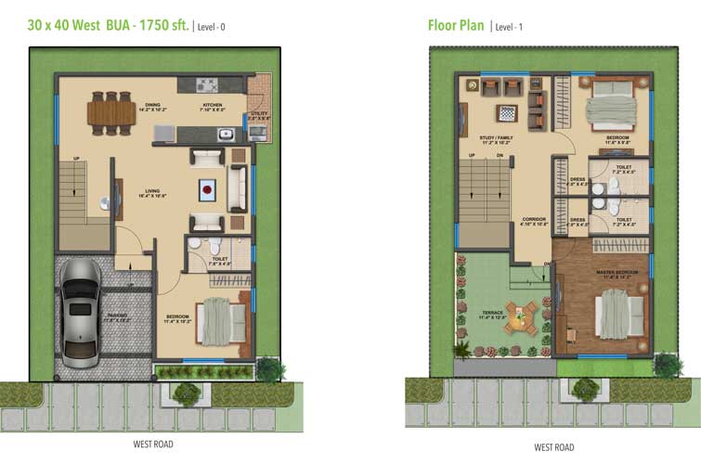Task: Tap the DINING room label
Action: [x=152, y=107]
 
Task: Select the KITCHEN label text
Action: [x=213, y=107]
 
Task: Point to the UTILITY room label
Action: [x=258, y=116]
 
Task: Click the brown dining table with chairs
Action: [x=110, y=111]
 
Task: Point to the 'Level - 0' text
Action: [x=210, y=27]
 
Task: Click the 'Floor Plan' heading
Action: [x=455, y=25]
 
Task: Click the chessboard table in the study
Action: [x=508, y=112]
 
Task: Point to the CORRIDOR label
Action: [x=532, y=221]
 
